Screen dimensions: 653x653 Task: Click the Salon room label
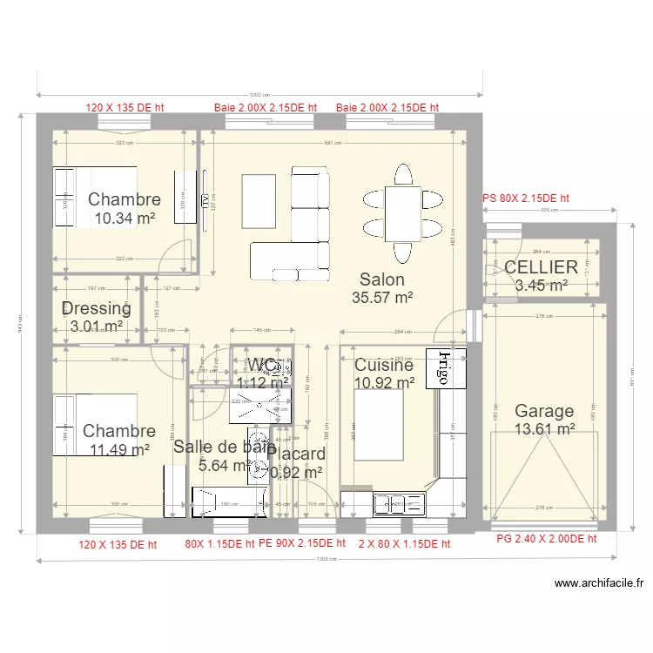coord(382,279)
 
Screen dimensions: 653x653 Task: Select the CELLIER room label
coord(541,267)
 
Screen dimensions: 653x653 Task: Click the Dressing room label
coord(97,308)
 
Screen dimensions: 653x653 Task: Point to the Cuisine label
coord(383,365)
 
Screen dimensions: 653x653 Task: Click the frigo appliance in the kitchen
coord(443,368)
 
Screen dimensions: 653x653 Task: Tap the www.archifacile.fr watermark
coord(598,584)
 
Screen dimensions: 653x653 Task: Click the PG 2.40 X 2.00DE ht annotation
coord(546,539)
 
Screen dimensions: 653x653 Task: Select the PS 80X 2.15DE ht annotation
coord(525,199)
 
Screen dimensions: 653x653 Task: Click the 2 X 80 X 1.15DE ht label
coord(404,544)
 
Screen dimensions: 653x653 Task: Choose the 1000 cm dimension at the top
coord(259,95)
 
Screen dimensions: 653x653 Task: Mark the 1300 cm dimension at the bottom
coord(327,559)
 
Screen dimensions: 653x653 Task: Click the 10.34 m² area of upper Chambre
coord(125,219)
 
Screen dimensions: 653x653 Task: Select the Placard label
coord(297,454)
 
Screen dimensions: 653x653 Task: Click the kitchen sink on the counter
coord(398,502)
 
